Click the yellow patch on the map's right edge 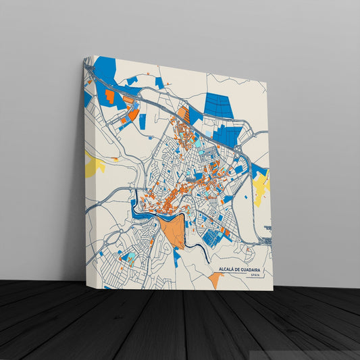pos(262,183)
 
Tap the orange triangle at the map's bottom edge pos(214,279)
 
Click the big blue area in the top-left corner pos(105,71)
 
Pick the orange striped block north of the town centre pos(182,114)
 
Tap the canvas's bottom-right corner pos(273,290)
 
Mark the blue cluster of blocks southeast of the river pos(213,236)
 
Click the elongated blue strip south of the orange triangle pos(177,256)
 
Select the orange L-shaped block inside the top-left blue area pos(109,97)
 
